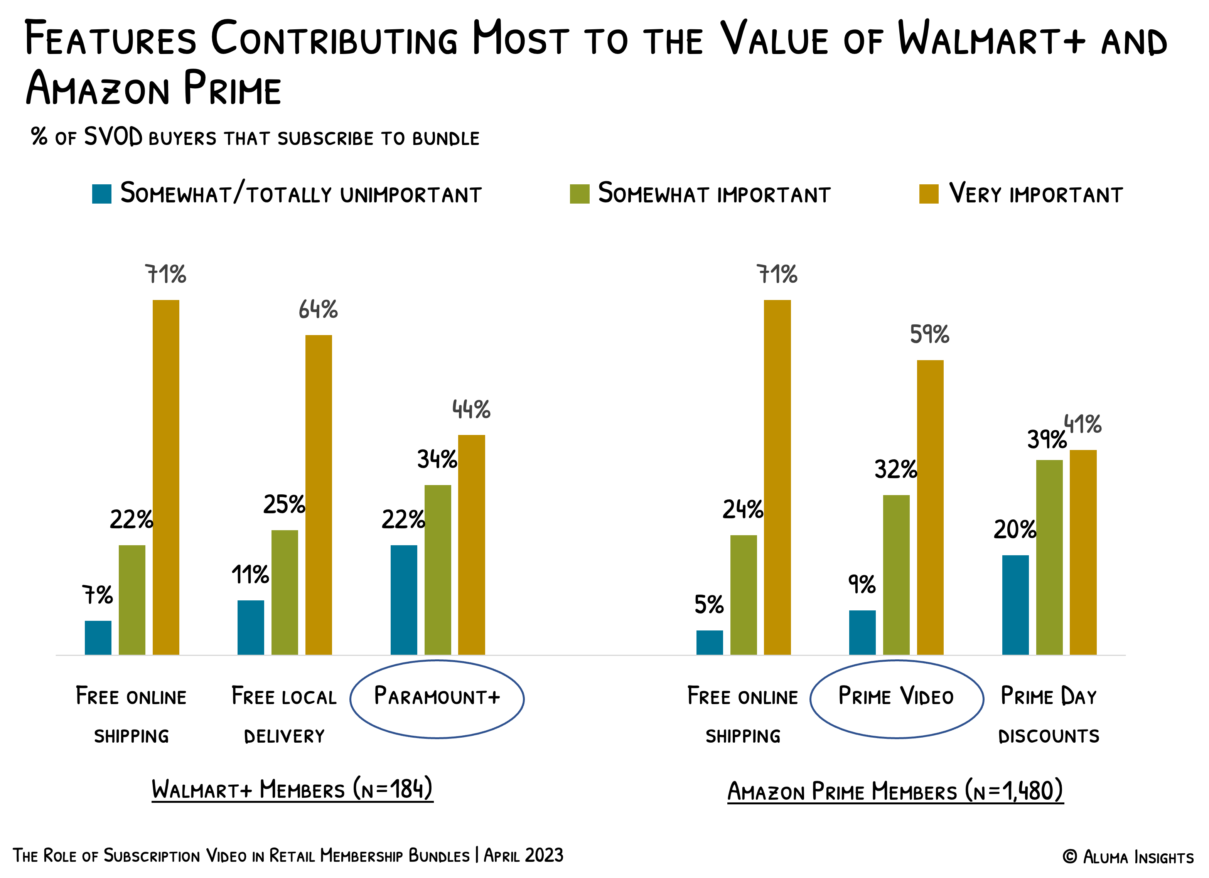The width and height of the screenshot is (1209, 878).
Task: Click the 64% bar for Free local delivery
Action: (x=318, y=494)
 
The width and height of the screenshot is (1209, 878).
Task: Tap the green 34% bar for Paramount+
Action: (x=438, y=570)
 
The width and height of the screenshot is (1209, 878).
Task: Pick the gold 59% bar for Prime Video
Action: (x=930, y=507)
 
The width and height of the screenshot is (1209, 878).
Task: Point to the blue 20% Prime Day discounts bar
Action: (x=1015, y=605)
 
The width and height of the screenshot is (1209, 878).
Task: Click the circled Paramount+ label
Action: (x=437, y=697)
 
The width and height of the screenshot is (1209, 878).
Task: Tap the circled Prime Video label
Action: (x=896, y=697)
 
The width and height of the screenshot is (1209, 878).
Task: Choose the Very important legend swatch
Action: (x=929, y=194)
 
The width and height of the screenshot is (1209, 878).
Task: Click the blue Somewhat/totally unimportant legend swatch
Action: (x=102, y=194)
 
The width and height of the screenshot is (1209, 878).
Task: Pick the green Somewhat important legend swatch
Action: (x=580, y=194)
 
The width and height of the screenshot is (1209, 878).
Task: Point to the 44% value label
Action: (x=471, y=410)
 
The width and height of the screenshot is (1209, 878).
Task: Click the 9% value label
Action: (x=862, y=584)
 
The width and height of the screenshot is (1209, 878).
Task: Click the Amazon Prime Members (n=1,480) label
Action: (x=895, y=791)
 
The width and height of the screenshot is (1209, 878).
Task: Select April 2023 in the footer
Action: (x=523, y=855)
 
